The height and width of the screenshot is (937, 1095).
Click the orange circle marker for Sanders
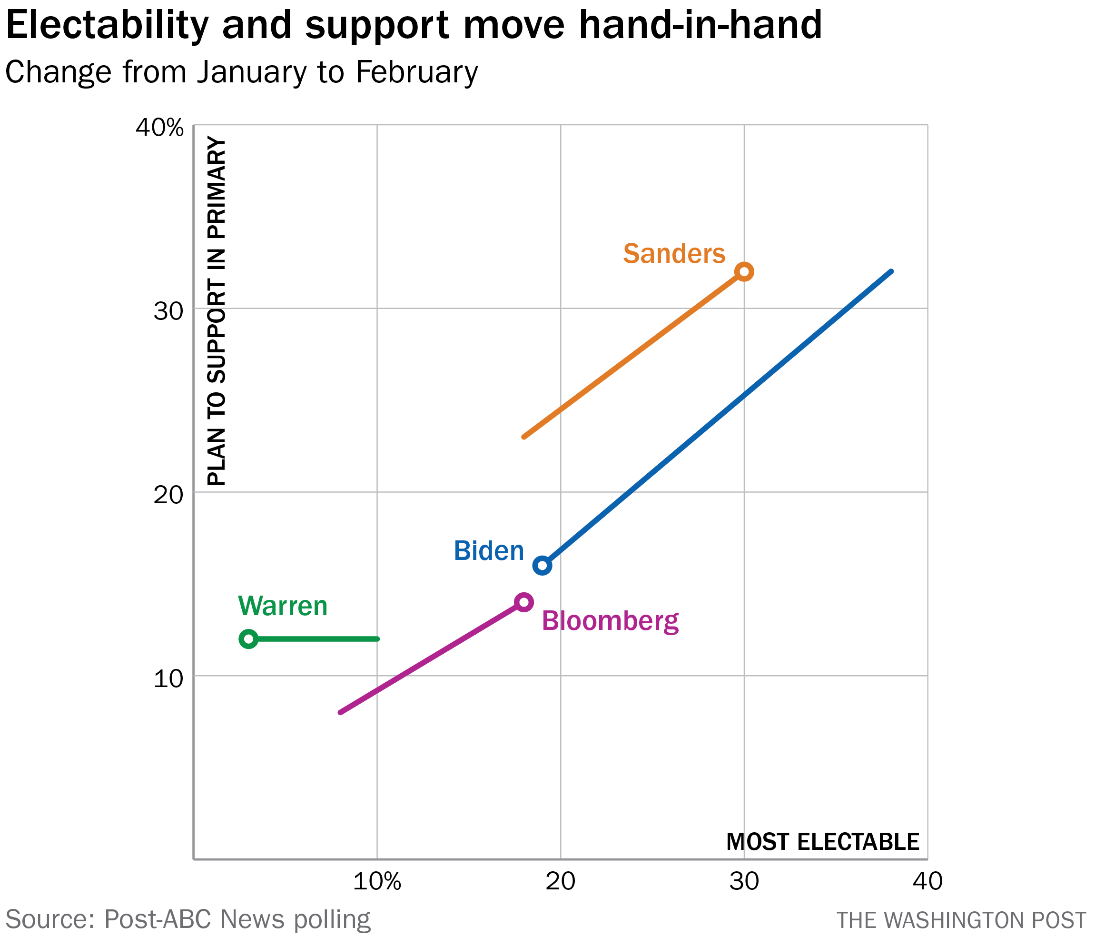click(744, 272)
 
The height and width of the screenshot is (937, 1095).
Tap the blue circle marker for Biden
click(542, 566)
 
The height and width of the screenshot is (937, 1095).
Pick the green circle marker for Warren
click(248, 639)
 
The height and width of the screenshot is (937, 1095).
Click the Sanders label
click(674, 254)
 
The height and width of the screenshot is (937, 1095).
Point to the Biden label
click(489, 551)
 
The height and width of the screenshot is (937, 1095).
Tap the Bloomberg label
click(611, 621)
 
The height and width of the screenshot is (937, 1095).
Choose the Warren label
click(283, 606)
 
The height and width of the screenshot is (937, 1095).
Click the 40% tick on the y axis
click(159, 128)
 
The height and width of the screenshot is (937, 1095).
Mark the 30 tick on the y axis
click(168, 311)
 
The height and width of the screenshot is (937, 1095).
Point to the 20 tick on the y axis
click(168, 495)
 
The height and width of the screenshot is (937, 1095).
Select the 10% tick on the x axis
click(377, 881)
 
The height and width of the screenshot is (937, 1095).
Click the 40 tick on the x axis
click(927, 881)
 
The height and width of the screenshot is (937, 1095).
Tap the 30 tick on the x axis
click(744, 881)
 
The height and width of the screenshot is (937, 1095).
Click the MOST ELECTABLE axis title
click(823, 842)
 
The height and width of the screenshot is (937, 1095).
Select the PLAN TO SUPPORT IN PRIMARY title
click(217, 312)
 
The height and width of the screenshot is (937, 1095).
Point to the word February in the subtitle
click(416, 72)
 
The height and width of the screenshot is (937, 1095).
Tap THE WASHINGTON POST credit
click(961, 920)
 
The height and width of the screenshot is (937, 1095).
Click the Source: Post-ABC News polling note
click(187, 919)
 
